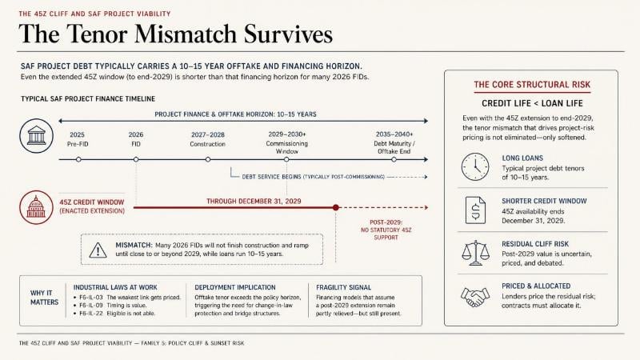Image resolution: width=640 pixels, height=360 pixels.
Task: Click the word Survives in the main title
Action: pyautogui.click(x=288, y=34)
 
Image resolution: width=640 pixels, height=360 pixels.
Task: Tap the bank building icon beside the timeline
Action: pyautogui.click(x=36, y=136)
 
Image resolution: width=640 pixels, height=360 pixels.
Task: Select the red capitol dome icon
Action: pyautogui.click(x=36, y=207)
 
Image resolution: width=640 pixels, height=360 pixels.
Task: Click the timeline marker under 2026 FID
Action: pyautogui.click(x=136, y=159)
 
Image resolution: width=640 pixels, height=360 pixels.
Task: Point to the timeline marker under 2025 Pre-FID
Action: pyautogui.click(x=78, y=159)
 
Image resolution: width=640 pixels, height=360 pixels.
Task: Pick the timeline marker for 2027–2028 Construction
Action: pyautogui.click(x=208, y=159)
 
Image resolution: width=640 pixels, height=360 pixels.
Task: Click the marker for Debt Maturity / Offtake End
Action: pyautogui.click(x=394, y=159)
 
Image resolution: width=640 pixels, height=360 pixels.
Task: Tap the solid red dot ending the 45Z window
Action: pyautogui.click(x=336, y=207)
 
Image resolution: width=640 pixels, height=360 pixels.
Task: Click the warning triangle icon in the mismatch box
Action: pyautogui.click(x=98, y=250)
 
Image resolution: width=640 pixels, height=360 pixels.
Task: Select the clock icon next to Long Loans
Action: pyautogui.click(x=475, y=167)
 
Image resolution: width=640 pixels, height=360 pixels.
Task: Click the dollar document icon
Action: pyautogui.click(x=475, y=210)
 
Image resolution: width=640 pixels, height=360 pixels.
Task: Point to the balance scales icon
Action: pyautogui.click(x=475, y=253)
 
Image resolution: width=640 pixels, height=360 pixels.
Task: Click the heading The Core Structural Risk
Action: pyautogui.click(x=532, y=85)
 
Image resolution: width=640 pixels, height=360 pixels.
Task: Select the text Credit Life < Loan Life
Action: pyautogui.click(x=532, y=104)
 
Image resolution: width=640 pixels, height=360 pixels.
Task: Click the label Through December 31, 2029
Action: pyautogui.click(x=254, y=202)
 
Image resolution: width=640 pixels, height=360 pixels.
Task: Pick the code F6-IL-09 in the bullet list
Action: pyautogui.click(x=91, y=306)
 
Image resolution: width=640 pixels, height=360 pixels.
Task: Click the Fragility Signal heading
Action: pyautogui.click(x=344, y=287)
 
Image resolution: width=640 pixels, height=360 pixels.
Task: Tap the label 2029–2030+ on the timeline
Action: pyautogui.click(x=287, y=134)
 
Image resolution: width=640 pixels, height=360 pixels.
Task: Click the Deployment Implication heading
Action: pyautogui.click(x=235, y=287)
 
